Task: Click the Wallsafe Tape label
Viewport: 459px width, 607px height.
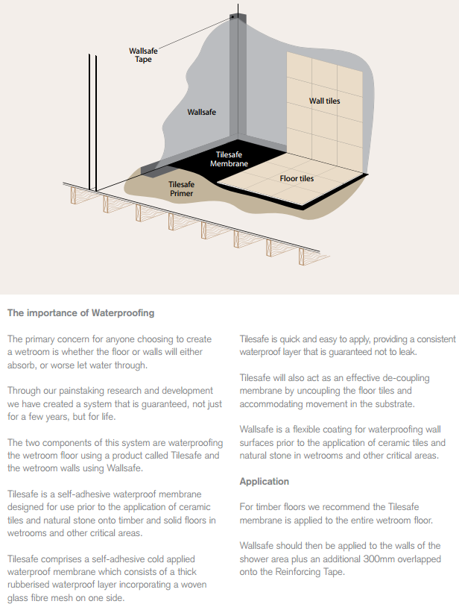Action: [143, 55]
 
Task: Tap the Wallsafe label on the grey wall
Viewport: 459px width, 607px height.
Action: [201, 112]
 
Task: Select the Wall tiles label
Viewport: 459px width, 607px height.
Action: [324, 101]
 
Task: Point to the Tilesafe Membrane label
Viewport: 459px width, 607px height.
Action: [229, 159]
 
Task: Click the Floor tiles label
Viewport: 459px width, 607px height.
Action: [297, 179]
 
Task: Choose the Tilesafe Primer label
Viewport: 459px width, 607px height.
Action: [181, 189]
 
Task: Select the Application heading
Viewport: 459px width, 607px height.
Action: [264, 482]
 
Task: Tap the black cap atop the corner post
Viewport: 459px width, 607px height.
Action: [235, 16]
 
